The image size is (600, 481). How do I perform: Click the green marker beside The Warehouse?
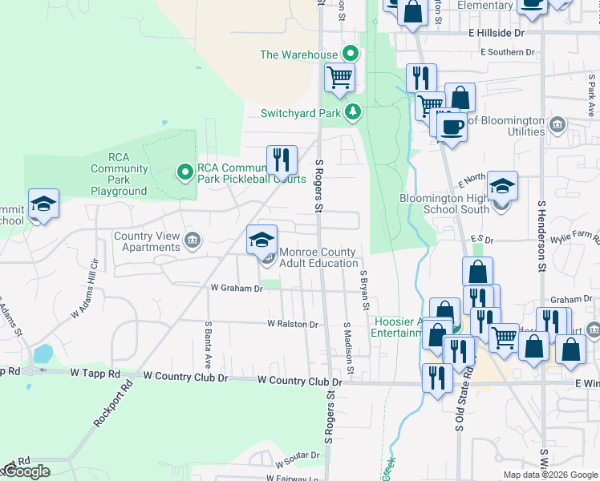click(351, 55)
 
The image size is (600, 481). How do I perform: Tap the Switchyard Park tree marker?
click(352, 113)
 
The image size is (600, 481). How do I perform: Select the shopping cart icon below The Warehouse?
click(339, 78)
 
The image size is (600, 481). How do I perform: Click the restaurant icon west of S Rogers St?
click(282, 159)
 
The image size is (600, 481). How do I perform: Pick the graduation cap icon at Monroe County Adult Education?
click(261, 238)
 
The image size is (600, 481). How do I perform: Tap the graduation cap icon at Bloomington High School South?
click(502, 186)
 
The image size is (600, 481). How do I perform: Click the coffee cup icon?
click(452, 126)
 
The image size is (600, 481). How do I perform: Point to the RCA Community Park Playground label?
click(119, 168)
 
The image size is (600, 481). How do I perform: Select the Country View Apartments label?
click(147, 241)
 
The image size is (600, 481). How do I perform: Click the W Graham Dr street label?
click(237, 288)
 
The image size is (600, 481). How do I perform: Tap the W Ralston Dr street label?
click(293, 325)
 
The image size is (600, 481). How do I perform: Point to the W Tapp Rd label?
click(95, 374)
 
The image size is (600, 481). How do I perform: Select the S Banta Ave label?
click(208, 340)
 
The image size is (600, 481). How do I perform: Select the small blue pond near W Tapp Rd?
click(43, 354)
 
